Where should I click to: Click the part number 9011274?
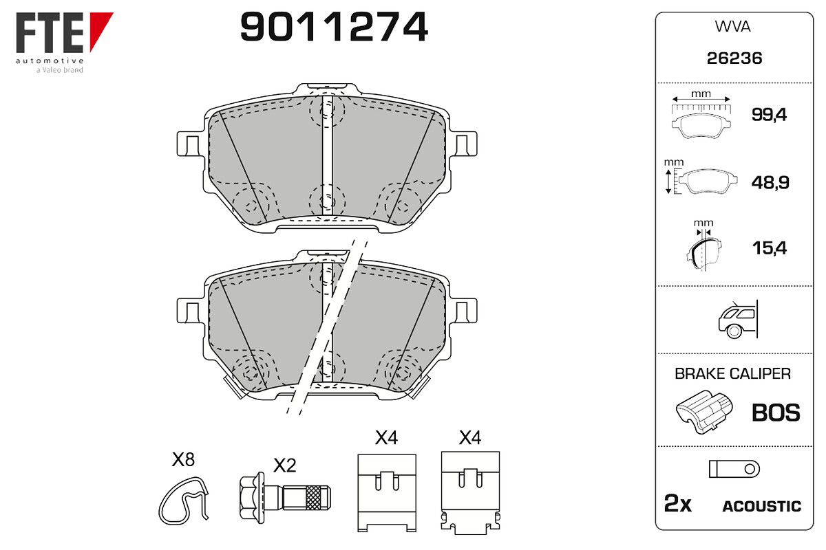pyautogui.click(x=334, y=27)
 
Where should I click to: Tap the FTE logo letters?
pyautogui.click(x=50, y=32)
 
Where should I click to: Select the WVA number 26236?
pyautogui.click(x=734, y=58)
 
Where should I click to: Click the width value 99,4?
pyautogui.click(x=769, y=115)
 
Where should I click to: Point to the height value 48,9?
pyautogui.click(x=770, y=183)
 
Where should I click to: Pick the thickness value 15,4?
pyautogui.click(x=770, y=248)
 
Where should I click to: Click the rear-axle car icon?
pyautogui.click(x=738, y=320)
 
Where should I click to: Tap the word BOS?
pyautogui.click(x=776, y=412)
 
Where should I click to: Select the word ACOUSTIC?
pyautogui.click(x=762, y=507)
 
